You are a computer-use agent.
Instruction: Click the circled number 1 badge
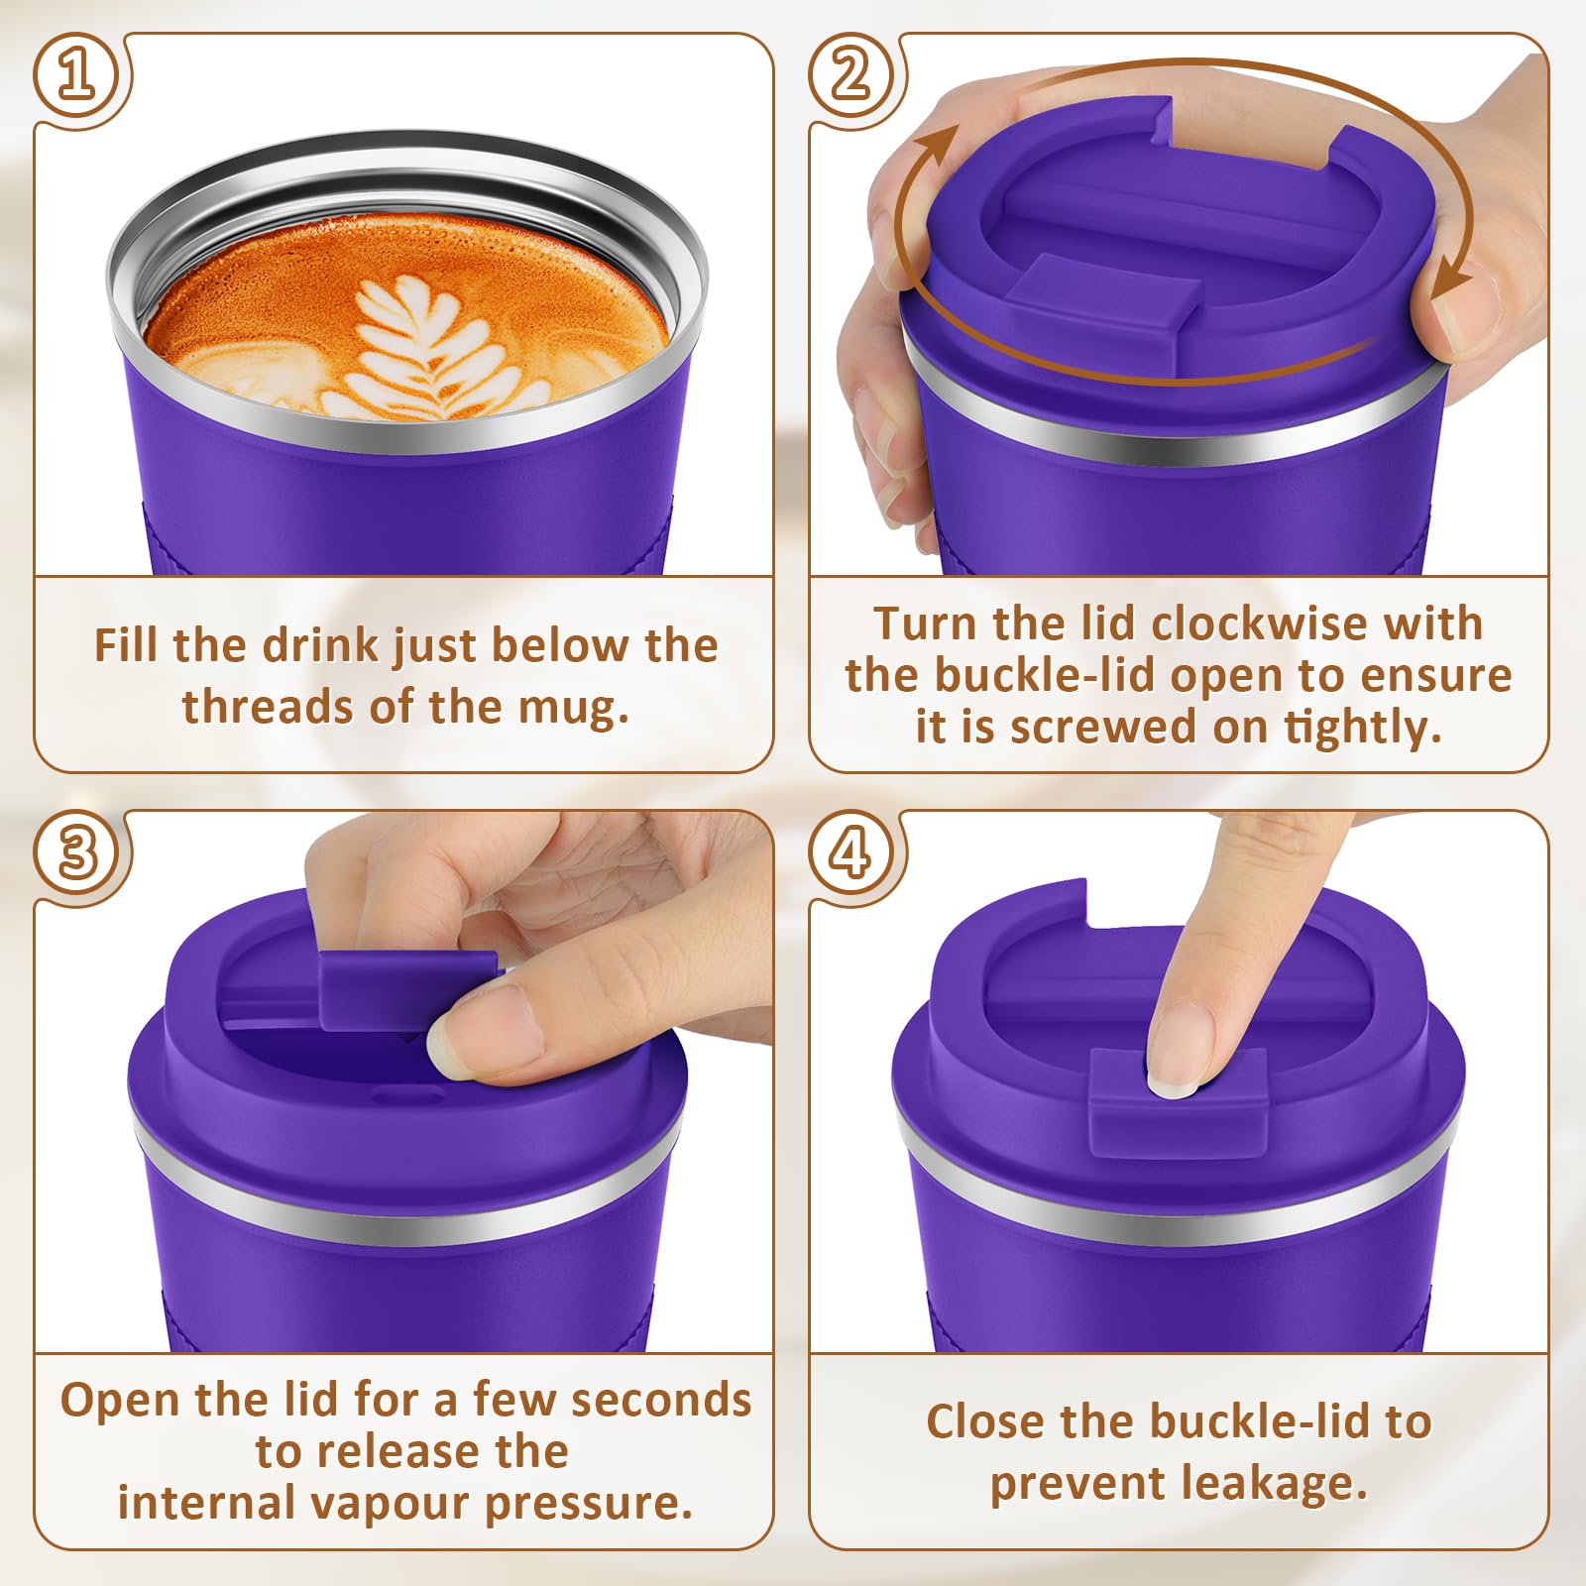pyautogui.click(x=77, y=77)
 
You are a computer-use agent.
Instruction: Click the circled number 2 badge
pyautogui.click(x=852, y=77)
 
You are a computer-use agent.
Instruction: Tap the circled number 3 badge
pyautogui.click(x=77, y=852)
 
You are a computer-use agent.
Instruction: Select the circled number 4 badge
pyautogui.click(x=852, y=852)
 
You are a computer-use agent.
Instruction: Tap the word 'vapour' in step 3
pyautogui.click(x=393, y=1504)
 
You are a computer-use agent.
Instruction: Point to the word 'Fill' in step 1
pyautogui.click(x=128, y=645)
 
